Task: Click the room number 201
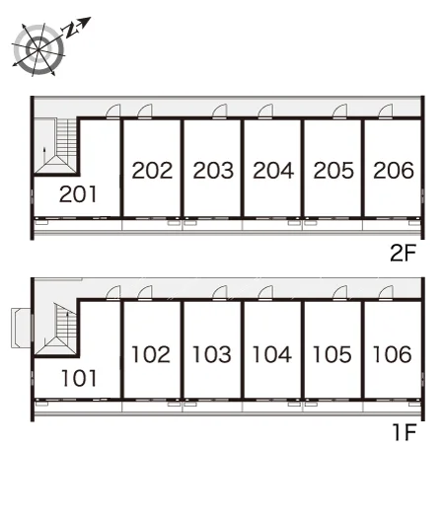pyautogui.click(x=78, y=194)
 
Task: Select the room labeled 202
pyautogui.click(x=152, y=170)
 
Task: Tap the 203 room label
pyautogui.click(x=213, y=170)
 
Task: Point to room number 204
pyautogui.click(x=273, y=170)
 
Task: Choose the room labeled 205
pyautogui.click(x=333, y=170)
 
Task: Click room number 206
pyautogui.click(x=394, y=170)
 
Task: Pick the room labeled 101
pyautogui.click(x=79, y=378)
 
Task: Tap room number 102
pyautogui.click(x=151, y=354)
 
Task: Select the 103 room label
pyautogui.click(x=211, y=354)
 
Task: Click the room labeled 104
pyautogui.click(x=272, y=354)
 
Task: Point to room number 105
pyautogui.click(x=332, y=354)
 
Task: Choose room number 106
pyautogui.click(x=392, y=354)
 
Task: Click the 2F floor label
pyautogui.click(x=404, y=253)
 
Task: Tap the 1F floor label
pyautogui.click(x=405, y=432)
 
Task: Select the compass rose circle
pyautogui.click(x=39, y=49)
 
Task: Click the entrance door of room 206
pyautogui.click(x=386, y=112)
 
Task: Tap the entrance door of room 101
pyautogui.click(x=113, y=293)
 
